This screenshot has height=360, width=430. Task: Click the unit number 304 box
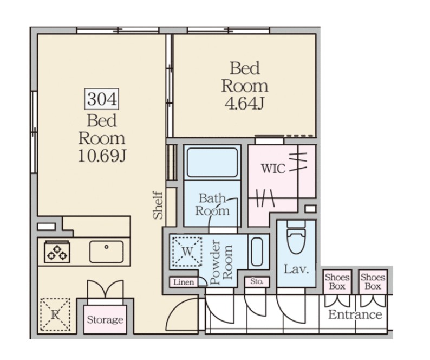click(101, 99)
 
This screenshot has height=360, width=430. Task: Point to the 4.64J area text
click(244, 104)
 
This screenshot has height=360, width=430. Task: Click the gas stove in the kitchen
click(57, 252)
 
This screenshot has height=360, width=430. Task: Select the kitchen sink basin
click(106, 252)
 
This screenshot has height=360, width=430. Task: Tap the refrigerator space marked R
click(55, 314)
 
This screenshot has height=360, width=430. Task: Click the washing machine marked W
click(187, 252)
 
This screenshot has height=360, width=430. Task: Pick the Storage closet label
click(105, 320)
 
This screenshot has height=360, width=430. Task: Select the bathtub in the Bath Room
click(212, 163)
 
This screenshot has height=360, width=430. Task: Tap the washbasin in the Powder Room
click(257, 252)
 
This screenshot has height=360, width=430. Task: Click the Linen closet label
click(184, 282)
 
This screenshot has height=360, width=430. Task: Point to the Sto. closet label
click(257, 281)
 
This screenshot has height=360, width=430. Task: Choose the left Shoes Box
click(337, 282)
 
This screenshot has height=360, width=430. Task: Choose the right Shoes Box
click(373, 282)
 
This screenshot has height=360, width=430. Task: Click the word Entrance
click(355, 314)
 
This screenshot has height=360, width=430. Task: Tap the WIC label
click(273, 169)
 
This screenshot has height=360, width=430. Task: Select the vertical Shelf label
click(158, 205)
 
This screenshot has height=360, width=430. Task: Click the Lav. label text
click(296, 269)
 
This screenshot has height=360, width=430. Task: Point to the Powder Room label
click(221, 262)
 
